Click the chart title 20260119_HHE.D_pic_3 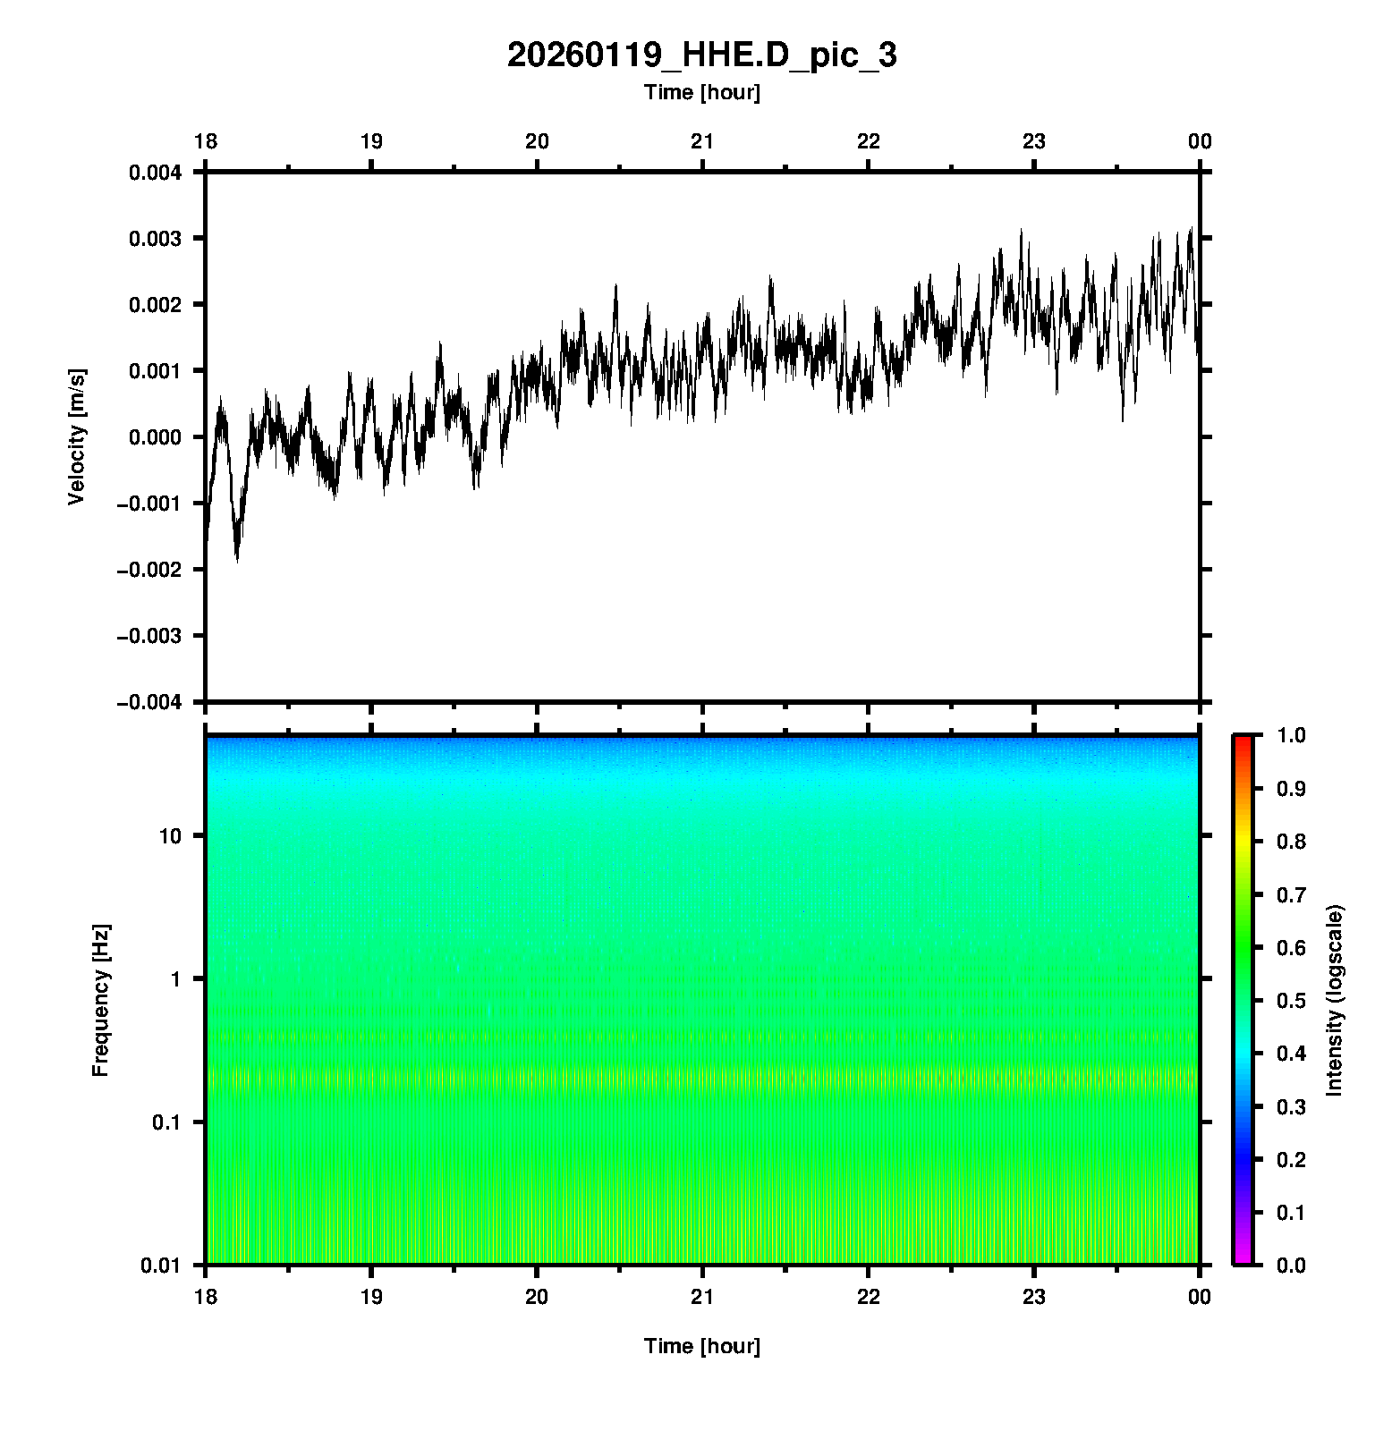coord(701,55)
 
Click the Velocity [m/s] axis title coord(77,436)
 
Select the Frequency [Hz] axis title coord(100,1001)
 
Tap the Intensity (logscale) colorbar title coord(1335,1000)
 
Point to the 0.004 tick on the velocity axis coord(156,173)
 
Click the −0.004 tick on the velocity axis coord(150,702)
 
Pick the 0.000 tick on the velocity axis coord(156,437)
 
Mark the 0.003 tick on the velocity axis coord(156,239)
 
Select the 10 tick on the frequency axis coord(170,836)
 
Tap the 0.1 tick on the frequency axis coord(166,1122)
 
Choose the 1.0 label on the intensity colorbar coord(1291,735)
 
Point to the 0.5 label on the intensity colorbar coord(1291,1001)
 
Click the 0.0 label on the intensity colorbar coord(1291,1266)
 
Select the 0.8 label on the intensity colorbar coord(1291,842)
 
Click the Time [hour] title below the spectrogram coord(701,1346)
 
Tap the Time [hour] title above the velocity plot coord(701,92)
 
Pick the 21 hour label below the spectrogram coord(702,1297)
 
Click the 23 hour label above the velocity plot coord(1034,141)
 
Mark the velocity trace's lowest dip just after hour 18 coord(237,559)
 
